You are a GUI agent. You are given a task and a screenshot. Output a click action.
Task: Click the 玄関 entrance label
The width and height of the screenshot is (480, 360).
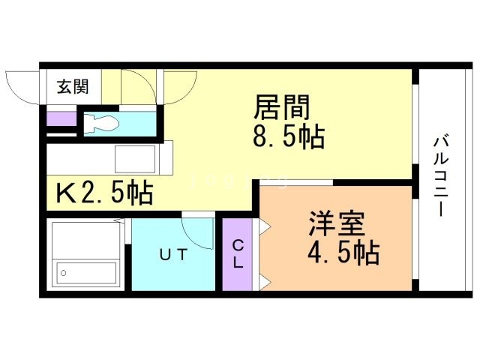pos(73,87)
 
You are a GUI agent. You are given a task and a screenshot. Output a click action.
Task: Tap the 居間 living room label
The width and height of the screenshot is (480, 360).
pos(282,107)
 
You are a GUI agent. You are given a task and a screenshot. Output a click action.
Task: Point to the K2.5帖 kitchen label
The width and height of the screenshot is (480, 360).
pos(104,193)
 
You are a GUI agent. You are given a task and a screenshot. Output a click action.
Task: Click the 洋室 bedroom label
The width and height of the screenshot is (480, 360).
pos(337,223)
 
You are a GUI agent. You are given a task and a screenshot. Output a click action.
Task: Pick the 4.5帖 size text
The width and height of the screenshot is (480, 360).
pos(343,253)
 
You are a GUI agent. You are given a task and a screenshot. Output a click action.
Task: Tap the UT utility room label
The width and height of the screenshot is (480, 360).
pos(173,255)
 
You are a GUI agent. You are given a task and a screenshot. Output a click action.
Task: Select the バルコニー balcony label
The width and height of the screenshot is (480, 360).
pos(441,177)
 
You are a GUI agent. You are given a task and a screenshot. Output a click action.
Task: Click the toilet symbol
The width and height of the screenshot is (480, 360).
pos(101,124)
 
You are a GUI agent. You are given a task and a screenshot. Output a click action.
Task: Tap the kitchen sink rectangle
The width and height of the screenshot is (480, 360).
pos(135,159)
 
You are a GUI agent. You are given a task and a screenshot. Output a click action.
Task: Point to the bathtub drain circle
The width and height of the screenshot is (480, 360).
pos(64,273)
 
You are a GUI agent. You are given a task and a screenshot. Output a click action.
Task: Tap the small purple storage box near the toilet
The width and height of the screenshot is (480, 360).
pos(61,118)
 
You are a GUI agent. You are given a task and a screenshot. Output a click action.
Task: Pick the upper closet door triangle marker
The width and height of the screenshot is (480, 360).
pos(265,226)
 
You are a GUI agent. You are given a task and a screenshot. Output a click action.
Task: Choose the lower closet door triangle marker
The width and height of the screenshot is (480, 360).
pos(265,282)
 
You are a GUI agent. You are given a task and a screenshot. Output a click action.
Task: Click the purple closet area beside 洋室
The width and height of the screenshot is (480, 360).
pos(238,254)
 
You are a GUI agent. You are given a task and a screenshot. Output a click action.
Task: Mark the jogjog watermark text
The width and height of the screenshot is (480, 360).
pos(238,181)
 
